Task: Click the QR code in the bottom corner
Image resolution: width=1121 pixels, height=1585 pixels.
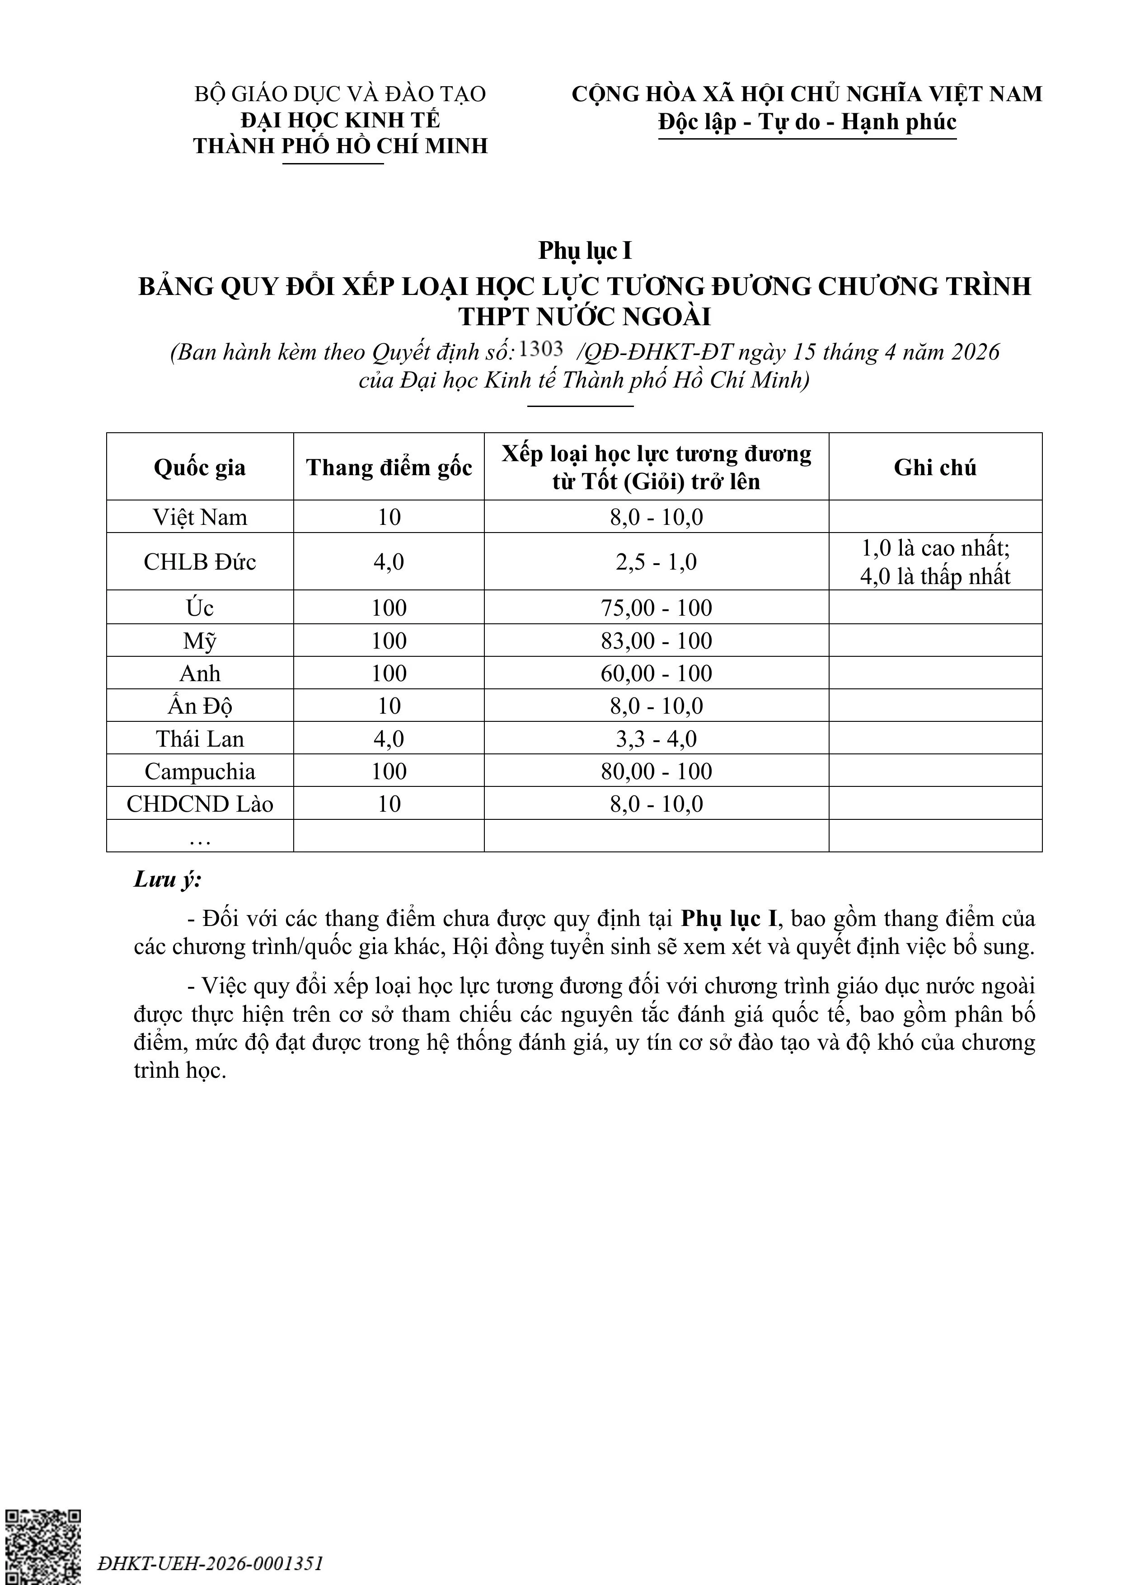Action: pyautogui.click(x=43, y=1546)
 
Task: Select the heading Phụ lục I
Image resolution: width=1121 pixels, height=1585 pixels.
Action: pyautogui.click(x=585, y=251)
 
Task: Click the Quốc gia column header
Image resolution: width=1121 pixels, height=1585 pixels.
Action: pyautogui.click(x=200, y=468)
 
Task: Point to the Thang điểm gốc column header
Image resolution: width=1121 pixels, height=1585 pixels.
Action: pyautogui.click(x=389, y=468)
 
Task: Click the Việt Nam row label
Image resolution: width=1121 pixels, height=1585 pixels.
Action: pyautogui.click(x=200, y=517)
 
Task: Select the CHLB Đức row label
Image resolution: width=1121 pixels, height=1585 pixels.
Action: pyautogui.click(x=200, y=562)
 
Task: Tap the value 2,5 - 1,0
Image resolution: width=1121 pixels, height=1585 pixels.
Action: pyautogui.click(x=656, y=562)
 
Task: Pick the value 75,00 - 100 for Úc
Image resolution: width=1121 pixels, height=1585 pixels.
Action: pyautogui.click(x=656, y=608)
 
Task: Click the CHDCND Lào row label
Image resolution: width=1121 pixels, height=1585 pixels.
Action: pyautogui.click(x=200, y=804)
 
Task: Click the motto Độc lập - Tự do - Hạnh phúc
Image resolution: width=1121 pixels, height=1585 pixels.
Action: pyautogui.click(x=807, y=122)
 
